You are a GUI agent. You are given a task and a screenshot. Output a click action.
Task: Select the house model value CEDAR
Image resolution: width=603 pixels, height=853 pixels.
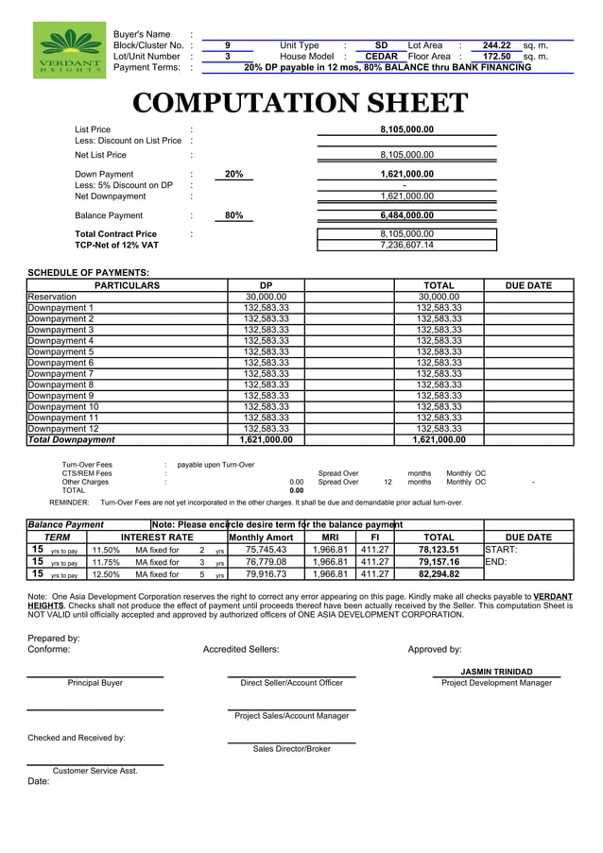coord(381,57)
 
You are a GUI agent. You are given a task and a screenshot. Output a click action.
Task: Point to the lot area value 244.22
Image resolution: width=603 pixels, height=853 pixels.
coord(496,45)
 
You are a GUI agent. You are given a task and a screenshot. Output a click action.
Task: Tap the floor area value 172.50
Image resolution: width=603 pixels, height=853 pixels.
coord(496,57)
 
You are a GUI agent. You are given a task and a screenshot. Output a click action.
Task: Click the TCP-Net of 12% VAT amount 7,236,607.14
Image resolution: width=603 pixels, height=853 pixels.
coord(406,246)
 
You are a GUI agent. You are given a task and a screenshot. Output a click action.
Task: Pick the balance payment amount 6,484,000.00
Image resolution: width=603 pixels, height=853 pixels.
coord(406,216)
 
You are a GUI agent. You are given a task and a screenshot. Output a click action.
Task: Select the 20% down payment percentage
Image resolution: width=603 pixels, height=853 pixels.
coord(233,175)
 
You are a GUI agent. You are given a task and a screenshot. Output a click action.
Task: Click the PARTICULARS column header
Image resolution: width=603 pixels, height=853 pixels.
coord(128,285)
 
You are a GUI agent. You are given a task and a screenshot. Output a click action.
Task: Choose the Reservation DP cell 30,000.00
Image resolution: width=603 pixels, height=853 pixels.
coord(266,297)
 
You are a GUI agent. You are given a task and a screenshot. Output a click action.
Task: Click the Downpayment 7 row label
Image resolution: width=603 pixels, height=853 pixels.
coord(60,373)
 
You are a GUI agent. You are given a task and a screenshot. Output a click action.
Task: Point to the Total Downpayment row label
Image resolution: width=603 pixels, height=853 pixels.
coord(71,439)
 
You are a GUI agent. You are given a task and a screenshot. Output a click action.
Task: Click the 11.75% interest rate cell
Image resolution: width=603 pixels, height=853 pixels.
coord(105,562)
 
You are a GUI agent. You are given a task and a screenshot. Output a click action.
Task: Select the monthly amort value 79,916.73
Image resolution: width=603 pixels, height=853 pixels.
coord(266,574)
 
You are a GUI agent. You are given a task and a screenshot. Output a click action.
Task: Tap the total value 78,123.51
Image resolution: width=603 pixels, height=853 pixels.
coord(439,550)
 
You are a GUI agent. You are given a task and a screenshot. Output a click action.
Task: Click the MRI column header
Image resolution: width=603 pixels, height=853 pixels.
coord(330,537)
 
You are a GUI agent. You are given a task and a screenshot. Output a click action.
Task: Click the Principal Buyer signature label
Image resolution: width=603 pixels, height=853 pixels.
coord(95,683)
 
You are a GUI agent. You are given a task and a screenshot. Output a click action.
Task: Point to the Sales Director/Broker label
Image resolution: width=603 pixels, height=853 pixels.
coord(291,749)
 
